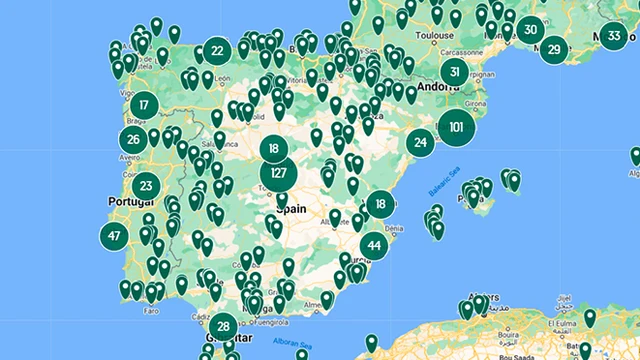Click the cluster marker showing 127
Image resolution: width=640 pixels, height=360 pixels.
(279, 174)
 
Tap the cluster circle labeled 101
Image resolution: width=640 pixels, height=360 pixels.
(456, 127)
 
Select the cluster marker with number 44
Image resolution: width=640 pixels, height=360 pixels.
(374, 245)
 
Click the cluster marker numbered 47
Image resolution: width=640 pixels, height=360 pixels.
(114, 237)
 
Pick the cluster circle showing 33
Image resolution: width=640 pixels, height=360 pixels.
(614, 37)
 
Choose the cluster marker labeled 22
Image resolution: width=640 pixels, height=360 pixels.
(217, 50)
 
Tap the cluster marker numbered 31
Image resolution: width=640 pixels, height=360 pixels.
(455, 72)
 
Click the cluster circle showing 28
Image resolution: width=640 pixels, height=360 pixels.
(223, 326)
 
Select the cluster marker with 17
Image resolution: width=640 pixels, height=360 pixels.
(145, 104)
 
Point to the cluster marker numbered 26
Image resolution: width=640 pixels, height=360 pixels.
(133, 140)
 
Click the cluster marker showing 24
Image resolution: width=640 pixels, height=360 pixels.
(421, 144)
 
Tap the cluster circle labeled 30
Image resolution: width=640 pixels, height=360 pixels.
(531, 29)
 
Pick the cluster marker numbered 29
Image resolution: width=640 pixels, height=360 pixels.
(554, 48)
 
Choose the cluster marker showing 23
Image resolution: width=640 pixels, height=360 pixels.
(146, 185)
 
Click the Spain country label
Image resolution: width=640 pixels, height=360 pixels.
(290, 209)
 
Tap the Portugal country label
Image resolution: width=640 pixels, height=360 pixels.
(127, 201)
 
